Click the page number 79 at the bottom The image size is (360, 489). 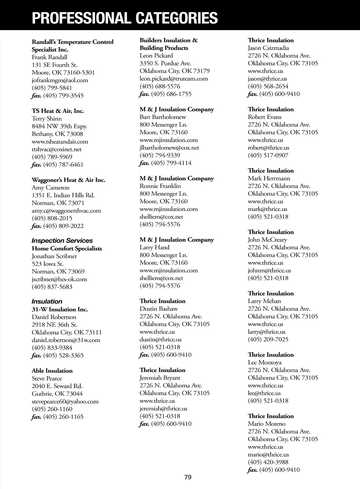188,477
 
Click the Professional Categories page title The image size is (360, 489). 125,18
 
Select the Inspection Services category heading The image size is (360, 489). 62,241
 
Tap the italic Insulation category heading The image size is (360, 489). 47,302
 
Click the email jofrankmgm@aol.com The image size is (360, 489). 60,80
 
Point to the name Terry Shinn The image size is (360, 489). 46,119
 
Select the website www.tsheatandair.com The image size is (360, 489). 60,142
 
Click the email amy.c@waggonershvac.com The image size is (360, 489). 66,211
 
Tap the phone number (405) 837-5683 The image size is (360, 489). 52,287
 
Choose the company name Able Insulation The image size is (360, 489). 52,371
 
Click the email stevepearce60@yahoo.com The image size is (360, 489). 65,401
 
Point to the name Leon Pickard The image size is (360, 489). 156,56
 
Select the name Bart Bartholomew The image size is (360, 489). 163,117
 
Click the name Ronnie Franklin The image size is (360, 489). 160,186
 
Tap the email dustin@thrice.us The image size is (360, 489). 160,340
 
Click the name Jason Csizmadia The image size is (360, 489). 268,48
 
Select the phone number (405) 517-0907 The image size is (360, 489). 268,155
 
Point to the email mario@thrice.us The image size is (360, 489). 268,455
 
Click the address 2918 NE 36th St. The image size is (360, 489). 54,325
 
